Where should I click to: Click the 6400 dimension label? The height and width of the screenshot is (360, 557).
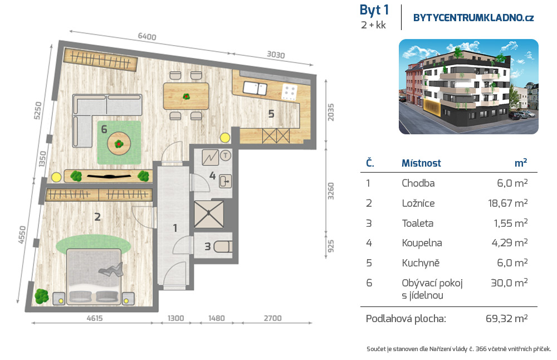(147, 37)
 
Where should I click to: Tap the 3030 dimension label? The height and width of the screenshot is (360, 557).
(276, 55)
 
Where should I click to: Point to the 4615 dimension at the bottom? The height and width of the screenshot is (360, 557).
(95, 318)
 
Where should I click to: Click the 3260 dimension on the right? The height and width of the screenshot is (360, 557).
(331, 191)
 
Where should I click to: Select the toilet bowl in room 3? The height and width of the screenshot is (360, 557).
(223, 246)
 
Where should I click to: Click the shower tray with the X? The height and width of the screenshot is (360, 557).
(209, 215)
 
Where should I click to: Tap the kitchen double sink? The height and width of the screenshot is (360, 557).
(255, 88)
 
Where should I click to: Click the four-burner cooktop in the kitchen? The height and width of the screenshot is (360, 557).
(289, 92)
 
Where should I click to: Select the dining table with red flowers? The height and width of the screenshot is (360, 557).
(186, 96)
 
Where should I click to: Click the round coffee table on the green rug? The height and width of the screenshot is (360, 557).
(119, 143)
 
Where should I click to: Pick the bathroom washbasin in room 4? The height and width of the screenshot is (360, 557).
(225, 181)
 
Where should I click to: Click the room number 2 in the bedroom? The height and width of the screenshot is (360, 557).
(97, 216)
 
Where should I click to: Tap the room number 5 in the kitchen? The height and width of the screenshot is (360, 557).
(271, 114)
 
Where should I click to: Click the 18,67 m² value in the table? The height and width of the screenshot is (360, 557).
(507, 203)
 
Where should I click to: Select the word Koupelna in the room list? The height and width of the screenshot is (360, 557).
(422, 243)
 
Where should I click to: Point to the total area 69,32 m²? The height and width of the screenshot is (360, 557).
(506, 318)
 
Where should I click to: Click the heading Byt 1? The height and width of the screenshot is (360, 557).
(374, 10)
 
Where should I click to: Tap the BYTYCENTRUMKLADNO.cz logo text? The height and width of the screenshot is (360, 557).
(473, 18)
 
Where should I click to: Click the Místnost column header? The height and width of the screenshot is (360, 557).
(421, 163)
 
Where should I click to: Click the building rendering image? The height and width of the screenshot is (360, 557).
(468, 87)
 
